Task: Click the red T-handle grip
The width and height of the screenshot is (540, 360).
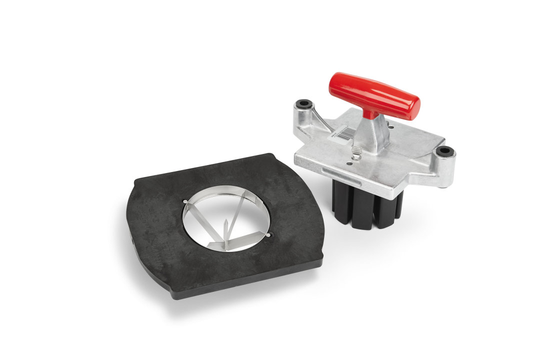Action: coord(372,95)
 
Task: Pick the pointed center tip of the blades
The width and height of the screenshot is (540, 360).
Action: coord(226,224)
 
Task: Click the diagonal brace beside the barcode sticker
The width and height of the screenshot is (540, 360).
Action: coord(320,120)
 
